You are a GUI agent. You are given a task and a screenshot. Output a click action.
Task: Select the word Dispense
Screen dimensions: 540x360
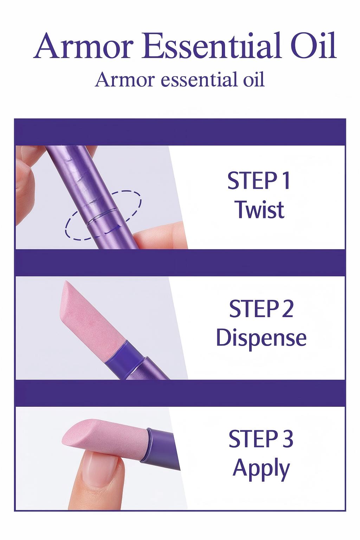[x=261, y=338]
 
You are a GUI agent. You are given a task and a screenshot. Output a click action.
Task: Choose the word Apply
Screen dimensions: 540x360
[x=261, y=468]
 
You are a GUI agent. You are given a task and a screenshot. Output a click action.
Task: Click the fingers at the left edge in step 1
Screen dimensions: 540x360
[x=26, y=176]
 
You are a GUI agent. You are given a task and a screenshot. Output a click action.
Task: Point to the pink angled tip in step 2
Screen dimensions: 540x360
[x=84, y=309]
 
